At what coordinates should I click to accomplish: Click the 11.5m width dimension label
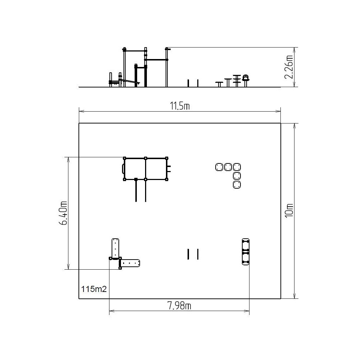[180, 106]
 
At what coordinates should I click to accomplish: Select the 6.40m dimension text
[63, 213]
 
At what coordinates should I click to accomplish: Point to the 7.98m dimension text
[179, 306]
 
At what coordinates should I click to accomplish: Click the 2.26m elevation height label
[289, 67]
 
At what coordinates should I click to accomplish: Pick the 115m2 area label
[94, 289]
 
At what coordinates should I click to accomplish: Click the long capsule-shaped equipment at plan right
[246, 252]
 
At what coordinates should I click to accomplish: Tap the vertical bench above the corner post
[115, 248]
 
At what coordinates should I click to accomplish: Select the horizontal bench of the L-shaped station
[130, 263]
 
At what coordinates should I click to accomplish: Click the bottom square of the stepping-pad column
[237, 185]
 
